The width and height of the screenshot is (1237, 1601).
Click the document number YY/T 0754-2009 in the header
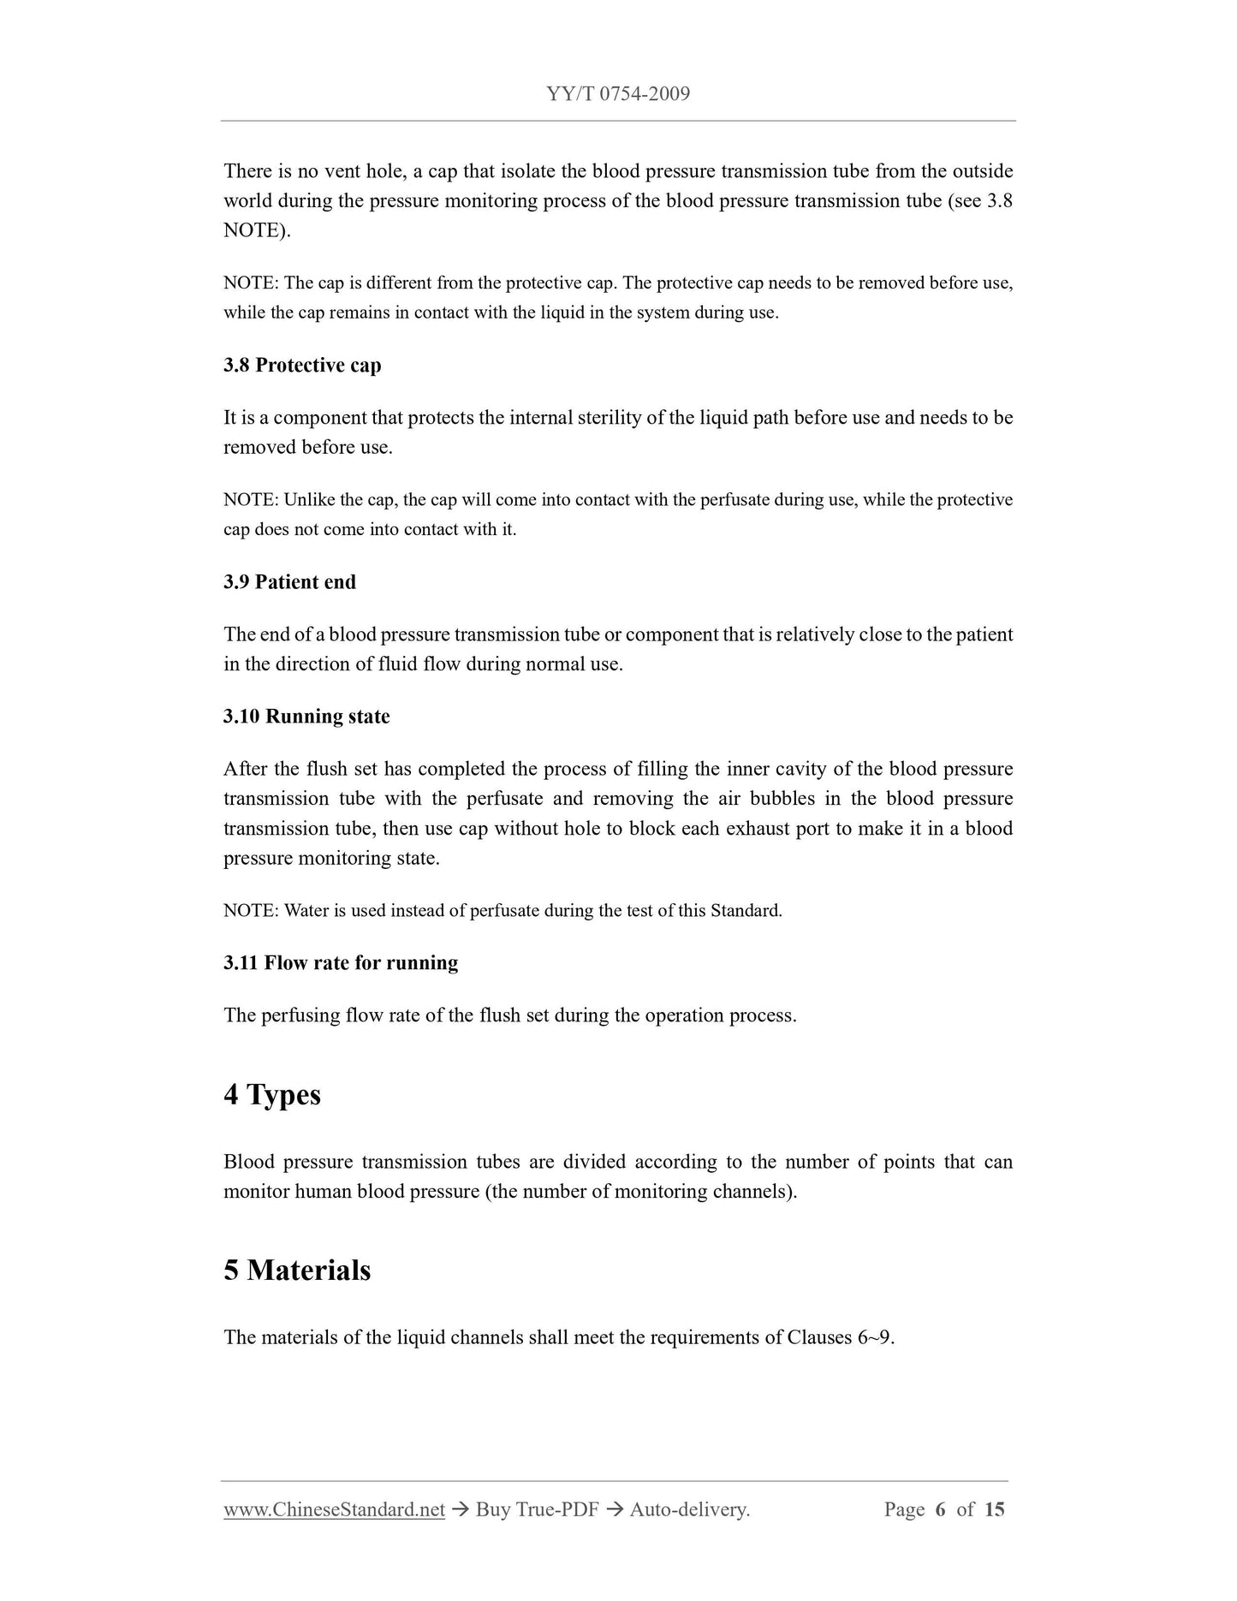(x=618, y=94)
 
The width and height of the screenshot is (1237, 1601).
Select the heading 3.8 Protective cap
(x=302, y=366)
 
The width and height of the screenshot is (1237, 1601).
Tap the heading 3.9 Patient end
(x=289, y=582)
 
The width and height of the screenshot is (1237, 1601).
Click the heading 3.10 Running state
(x=306, y=717)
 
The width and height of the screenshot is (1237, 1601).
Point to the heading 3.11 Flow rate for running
(x=341, y=963)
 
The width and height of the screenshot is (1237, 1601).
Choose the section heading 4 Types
(x=272, y=1095)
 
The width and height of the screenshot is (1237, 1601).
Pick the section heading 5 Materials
(x=297, y=1270)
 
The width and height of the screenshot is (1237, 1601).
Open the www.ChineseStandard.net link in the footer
(x=334, y=1509)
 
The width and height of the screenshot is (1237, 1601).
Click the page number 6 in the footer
(x=940, y=1509)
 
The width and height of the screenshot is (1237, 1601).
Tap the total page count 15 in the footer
(x=994, y=1509)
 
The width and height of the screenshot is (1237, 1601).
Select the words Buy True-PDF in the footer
(x=537, y=1509)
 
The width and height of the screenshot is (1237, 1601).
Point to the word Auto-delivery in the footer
(x=688, y=1509)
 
